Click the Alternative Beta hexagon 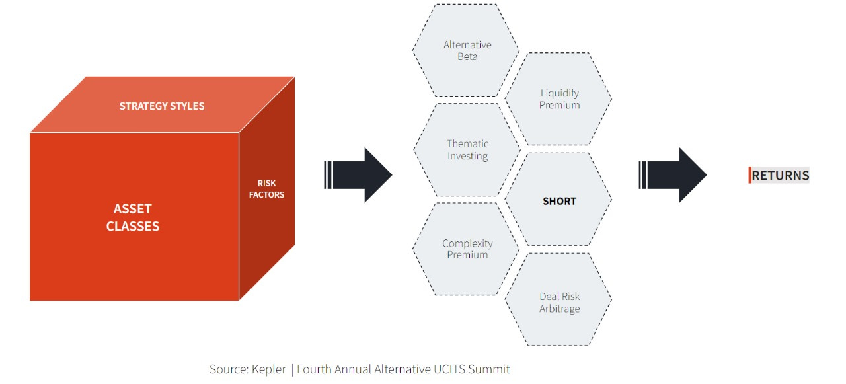(x=467, y=51)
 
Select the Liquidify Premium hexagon (x=559, y=99)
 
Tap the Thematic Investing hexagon (x=467, y=150)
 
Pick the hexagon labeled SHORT (x=559, y=201)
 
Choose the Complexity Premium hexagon (x=467, y=249)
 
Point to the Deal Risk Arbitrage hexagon (x=559, y=303)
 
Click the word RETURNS (x=781, y=175)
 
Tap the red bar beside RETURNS (x=750, y=175)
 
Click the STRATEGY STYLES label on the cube (x=162, y=106)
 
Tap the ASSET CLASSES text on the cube (x=133, y=217)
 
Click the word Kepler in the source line (x=268, y=369)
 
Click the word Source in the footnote (x=226, y=369)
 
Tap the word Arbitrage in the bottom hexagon (x=559, y=309)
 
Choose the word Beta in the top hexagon (x=467, y=57)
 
